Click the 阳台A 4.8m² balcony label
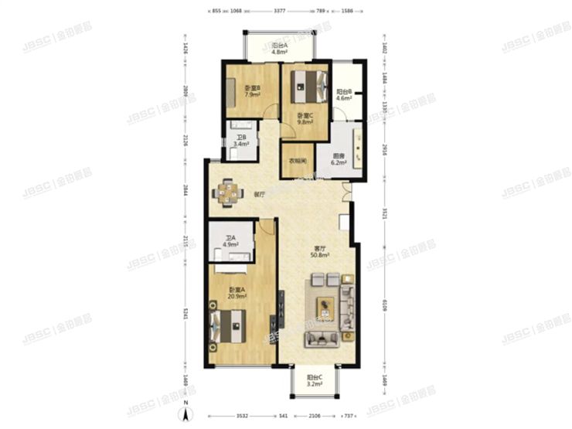click(280, 49)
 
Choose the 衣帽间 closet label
click(298, 162)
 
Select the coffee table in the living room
click(325, 308)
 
